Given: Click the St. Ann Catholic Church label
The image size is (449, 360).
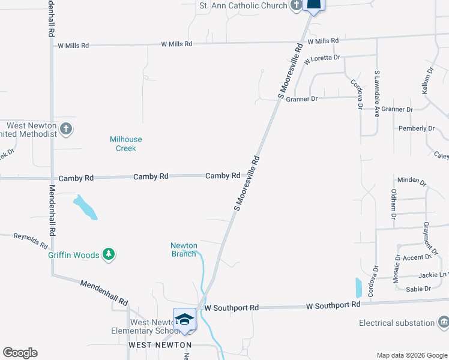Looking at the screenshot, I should click(243, 6).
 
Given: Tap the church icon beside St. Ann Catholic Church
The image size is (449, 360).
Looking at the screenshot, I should click(296, 6).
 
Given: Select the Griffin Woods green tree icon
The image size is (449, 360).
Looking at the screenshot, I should click(109, 255).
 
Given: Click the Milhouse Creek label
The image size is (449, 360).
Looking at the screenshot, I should click(127, 143).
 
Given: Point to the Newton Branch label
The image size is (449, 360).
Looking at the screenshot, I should click(184, 250).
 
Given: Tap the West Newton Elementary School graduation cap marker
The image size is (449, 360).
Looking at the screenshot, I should click(185, 319).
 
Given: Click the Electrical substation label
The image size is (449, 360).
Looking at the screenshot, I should click(396, 323).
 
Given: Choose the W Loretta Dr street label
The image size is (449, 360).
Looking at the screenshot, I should click(322, 59).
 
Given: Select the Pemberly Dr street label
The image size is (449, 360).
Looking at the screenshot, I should click(417, 128).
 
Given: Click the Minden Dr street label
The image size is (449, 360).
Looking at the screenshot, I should click(411, 181).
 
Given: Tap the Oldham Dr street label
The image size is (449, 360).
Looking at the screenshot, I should click(394, 203).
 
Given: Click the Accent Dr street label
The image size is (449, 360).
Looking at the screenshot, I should click(418, 257).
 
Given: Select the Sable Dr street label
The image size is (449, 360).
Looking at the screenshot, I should click(419, 289).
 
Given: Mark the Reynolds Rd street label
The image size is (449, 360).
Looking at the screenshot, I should click(31, 241).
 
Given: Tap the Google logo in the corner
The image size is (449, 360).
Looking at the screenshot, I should click(20, 353).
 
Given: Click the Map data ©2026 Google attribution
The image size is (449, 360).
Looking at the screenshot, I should click(411, 355).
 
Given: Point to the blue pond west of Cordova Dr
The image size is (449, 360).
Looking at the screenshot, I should click(359, 288).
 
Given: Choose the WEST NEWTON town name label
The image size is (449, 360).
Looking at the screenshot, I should click(160, 345).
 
